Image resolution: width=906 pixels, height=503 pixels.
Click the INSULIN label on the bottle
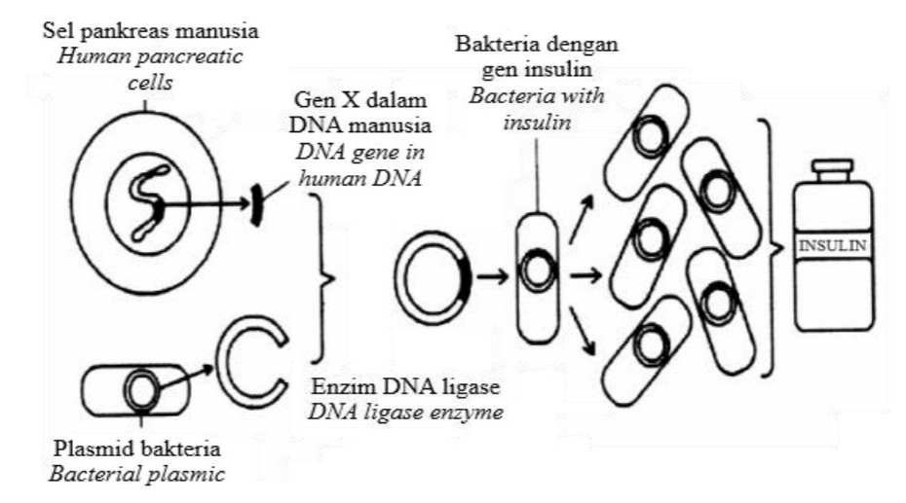click(832, 246)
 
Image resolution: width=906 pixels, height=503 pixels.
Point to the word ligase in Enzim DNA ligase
click(467, 386)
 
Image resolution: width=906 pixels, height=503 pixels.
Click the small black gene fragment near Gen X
click(255, 204)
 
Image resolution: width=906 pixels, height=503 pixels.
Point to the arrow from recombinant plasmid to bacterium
click(492, 277)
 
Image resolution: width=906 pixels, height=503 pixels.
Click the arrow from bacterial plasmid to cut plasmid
click(185, 377)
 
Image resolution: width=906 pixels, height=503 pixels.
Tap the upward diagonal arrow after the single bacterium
click(582, 218)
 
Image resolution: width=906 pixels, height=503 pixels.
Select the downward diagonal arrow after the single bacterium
click(583, 330)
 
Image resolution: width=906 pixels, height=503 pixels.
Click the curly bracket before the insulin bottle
click(773, 248)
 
